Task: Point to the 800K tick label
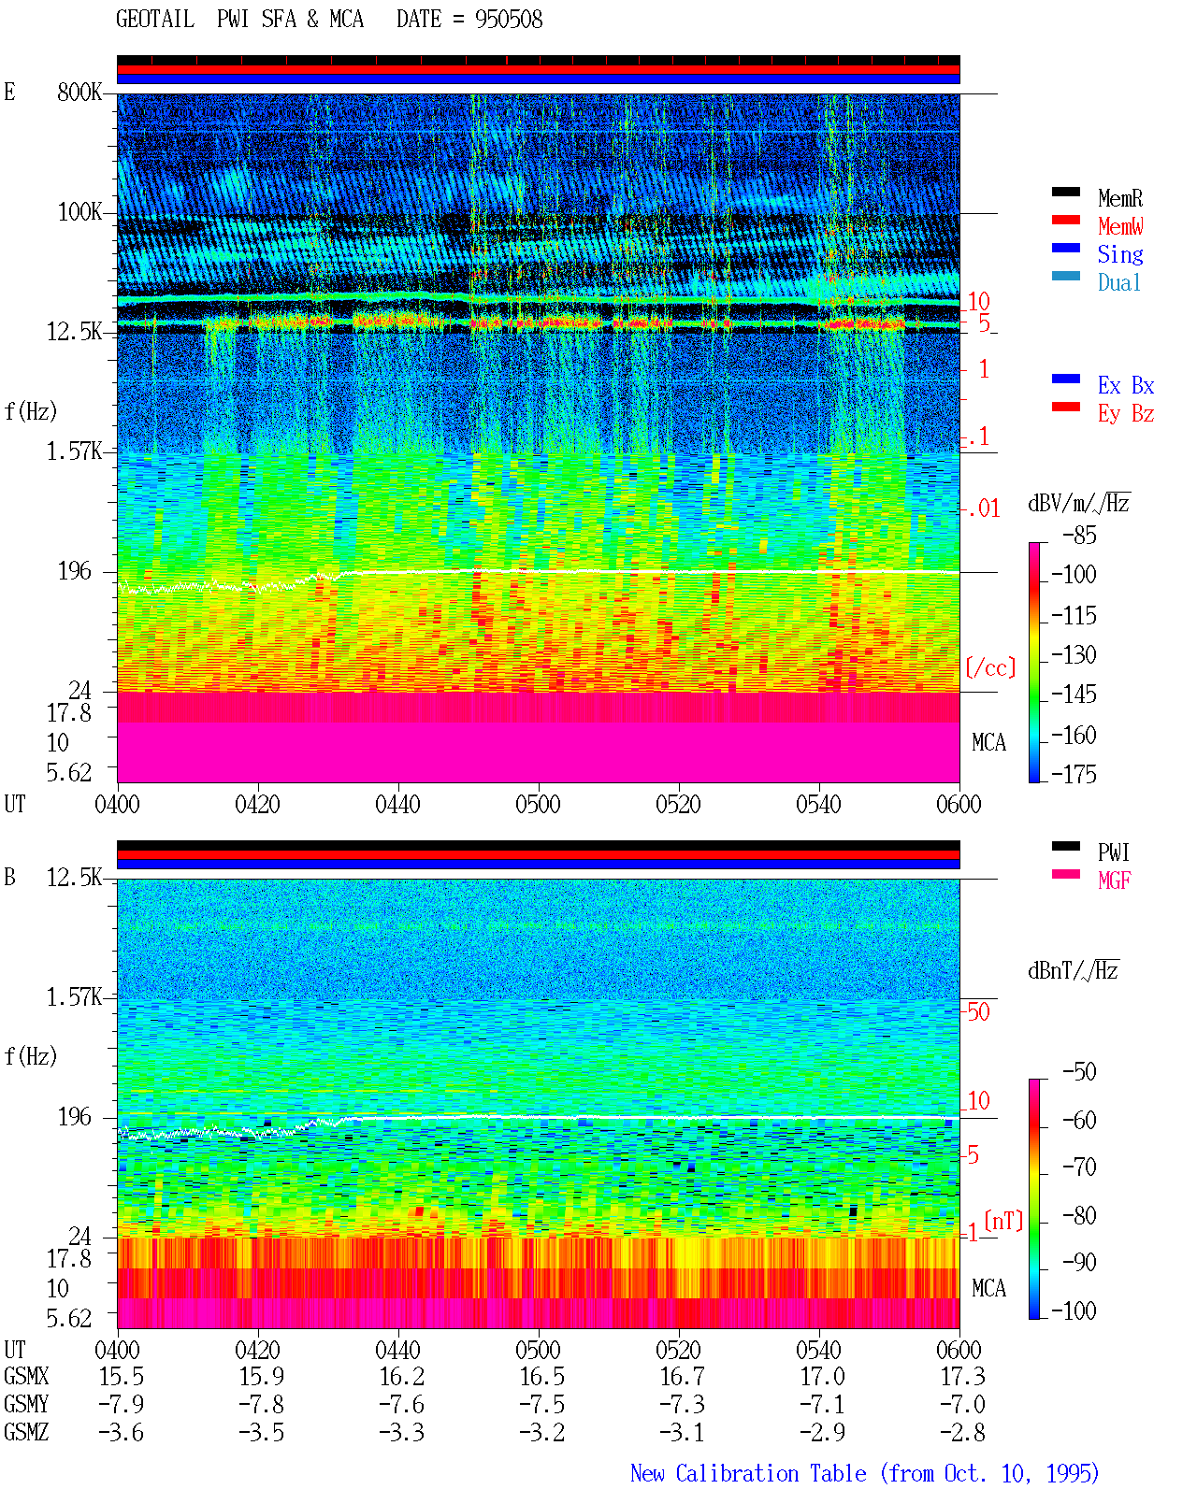pyautogui.click(x=79, y=92)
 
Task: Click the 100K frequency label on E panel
pyautogui.click(x=79, y=212)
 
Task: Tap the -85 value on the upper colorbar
pyautogui.click(x=1079, y=535)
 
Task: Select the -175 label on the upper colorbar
pyautogui.click(x=1074, y=774)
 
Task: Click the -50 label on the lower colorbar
pyautogui.click(x=1079, y=1071)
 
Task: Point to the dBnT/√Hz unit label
pyautogui.click(x=1073, y=970)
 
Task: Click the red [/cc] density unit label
pyautogui.click(x=990, y=667)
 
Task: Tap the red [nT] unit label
pyautogui.click(x=1003, y=1220)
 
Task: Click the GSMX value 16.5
pyautogui.click(x=542, y=1377)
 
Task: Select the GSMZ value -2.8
pyautogui.click(x=962, y=1432)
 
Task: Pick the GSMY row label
pyautogui.click(x=26, y=1405)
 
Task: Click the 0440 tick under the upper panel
pyautogui.click(x=398, y=804)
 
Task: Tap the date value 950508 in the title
pyautogui.click(x=509, y=20)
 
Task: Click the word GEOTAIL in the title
pyautogui.click(x=155, y=20)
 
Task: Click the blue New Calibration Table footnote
pyautogui.click(x=865, y=1473)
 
